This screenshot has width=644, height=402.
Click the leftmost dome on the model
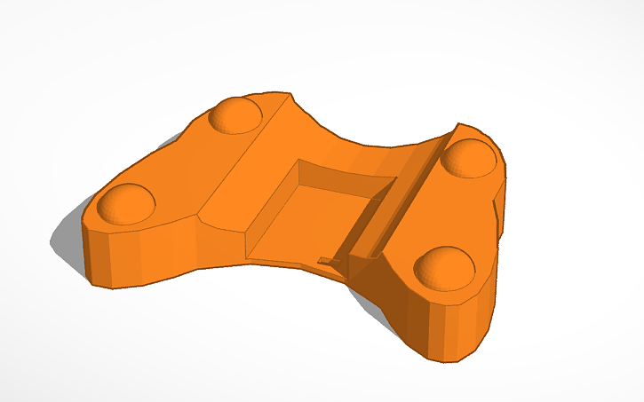point(125,202)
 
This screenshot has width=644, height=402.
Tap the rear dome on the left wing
point(235,115)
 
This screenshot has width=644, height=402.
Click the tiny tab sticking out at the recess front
point(328,261)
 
